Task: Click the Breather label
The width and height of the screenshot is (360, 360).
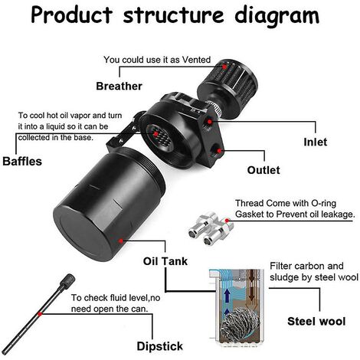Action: pyautogui.click(x=119, y=87)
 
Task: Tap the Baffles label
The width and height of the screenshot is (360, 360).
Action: pyautogui.click(x=22, y=162)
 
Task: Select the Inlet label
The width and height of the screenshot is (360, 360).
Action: pyautogui.click(x=316, y=142)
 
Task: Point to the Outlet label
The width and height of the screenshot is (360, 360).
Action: pyautogui.click(x=263, y=170)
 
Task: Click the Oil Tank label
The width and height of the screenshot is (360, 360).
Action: pyautogui.click(x=165, y=261)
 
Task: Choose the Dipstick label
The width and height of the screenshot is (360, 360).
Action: pyautogui.click(x=160, y=346)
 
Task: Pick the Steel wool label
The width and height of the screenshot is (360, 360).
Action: pyautogui.click(x=316, y=321)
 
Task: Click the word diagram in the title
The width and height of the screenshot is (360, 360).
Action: pyautogui.click(x=277, y=16)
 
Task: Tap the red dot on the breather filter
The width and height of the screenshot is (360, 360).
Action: pyautogui.click(x=224, y=67)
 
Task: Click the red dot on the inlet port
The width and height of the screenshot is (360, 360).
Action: pyautogui.click(x=210, y=122)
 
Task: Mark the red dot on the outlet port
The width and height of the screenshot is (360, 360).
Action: pyautogui.click(x=219, y=151)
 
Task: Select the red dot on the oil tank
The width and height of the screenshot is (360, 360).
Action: pyautogui.click(x=121, y=241)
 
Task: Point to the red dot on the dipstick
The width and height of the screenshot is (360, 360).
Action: pyautogui.click(x=40, y=314)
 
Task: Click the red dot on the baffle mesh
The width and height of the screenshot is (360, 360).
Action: pyautogui.click(x=155, y=134)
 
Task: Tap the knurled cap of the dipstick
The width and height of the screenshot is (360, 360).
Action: pyautogui.click(x=67, y=280)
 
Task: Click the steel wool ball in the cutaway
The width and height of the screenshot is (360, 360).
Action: pyautogui.click(x=240, y=323)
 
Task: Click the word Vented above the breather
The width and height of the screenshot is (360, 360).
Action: pyautogui.click(x=196, y=60)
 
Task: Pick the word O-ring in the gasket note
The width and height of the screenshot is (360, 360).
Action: pyautogui.click(x=323, y=204)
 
